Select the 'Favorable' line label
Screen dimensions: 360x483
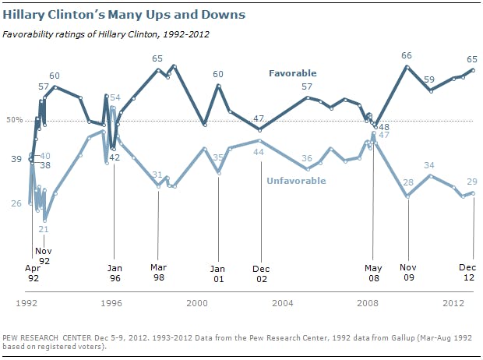tap(293, 73)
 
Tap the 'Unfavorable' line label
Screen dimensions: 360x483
tap(296, 181)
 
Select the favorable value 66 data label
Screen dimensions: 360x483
tap(407, 55)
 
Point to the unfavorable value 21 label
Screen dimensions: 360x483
tap(44, 229)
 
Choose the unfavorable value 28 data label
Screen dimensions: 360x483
tap(407, 182)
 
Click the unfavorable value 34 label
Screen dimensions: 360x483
tap(428, 165)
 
